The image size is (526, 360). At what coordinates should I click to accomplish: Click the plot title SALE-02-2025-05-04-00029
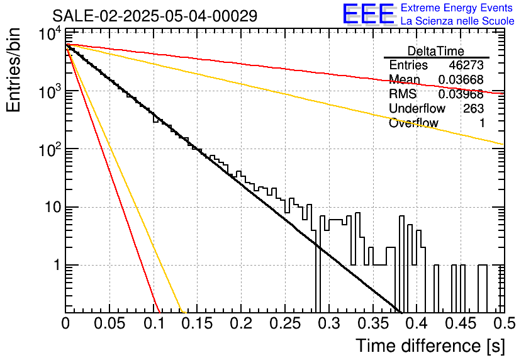coord(155,16)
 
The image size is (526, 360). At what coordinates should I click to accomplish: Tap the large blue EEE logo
coord(369,14)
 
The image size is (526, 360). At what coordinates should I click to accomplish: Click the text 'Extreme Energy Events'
coord(457,8)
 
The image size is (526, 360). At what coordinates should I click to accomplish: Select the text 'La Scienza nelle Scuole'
coord(457,21)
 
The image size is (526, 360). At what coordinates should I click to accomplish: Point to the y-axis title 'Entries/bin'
coord(13,70)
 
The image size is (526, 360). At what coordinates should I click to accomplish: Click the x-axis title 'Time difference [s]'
coord(430,346)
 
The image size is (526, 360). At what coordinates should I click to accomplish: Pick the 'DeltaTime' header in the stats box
coord(436,51)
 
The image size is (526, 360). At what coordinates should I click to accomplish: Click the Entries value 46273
coord(466,65)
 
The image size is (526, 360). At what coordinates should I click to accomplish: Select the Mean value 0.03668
coord(461,80)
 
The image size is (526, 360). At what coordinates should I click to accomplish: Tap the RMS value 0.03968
coord(461,94)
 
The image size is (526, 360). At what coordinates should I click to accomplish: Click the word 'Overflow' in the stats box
coord(413,123)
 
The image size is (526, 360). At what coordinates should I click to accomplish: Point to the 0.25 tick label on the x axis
coord(285,323)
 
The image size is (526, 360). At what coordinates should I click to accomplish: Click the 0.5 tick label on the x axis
coord(505,323)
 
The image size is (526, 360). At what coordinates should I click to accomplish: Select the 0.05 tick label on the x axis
coord(109,323)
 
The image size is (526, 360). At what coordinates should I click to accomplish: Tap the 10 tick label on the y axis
coord(53,207)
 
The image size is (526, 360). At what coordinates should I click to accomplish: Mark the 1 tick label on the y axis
coord(57,266)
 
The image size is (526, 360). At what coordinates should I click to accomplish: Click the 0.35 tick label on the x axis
coord(373,323)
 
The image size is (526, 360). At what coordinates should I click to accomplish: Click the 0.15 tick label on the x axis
coord(198,323)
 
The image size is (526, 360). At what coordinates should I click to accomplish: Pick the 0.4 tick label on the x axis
coord(417,323)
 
